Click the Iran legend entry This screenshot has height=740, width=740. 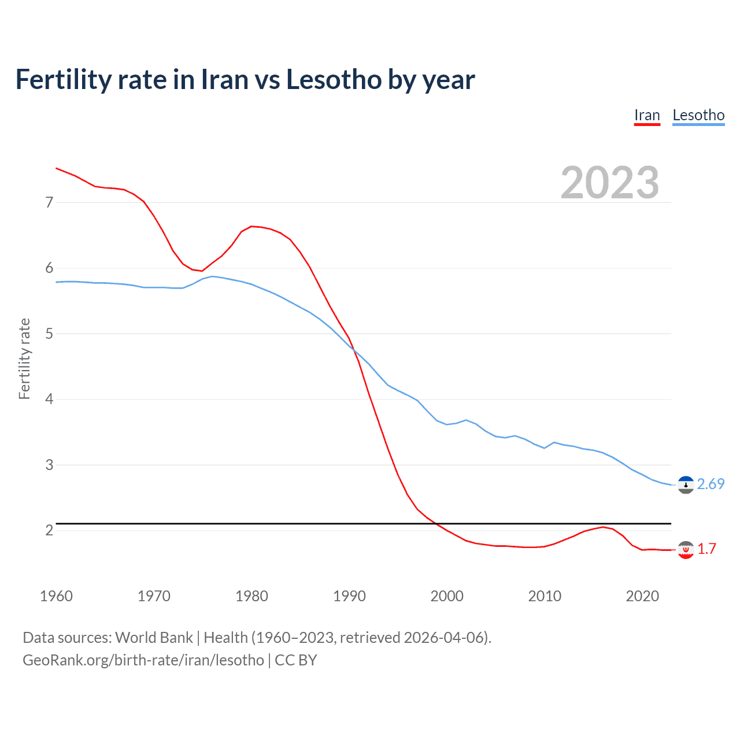pyautogui.click(x=647, y=115)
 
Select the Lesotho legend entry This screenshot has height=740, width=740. pyautogui.click(x=698, y=115)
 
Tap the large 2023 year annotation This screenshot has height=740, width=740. pyautogui.click(x=610, y=183)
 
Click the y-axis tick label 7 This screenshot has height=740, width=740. pyautogui.click(x=49, y=202)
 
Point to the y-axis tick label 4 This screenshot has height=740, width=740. pyautogui.click(x=49, y=399)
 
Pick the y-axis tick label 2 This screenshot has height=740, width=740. pyautogui.click(x=49, y=530)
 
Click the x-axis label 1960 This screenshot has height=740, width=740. pyautogui.click(x=56, y=596)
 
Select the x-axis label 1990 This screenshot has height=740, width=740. pyautogui.click(x=349, y=596)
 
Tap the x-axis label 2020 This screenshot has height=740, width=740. pyautogui.click(x=642, y=596)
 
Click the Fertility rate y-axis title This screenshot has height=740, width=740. pyautogui.click(x=24, y=358)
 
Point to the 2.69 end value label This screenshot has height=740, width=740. pyautogui.click(x=711, y=484)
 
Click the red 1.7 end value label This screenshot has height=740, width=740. pyautogui.click(x=706, y=549)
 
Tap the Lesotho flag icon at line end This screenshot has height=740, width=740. pyautogui.click(x=686, y=485)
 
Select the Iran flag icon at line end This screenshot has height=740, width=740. pyautogui.click(x=686, y=550)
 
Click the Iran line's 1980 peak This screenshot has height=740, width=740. pyautogui.click(x=251, y=226)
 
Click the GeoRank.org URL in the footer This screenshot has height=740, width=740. pyautogui.click(x=143, y=660)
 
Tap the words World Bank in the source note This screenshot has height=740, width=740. pyautogui.click(x=154, y=638)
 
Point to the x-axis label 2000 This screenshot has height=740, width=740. pyautogui.click(x=447, y=596)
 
